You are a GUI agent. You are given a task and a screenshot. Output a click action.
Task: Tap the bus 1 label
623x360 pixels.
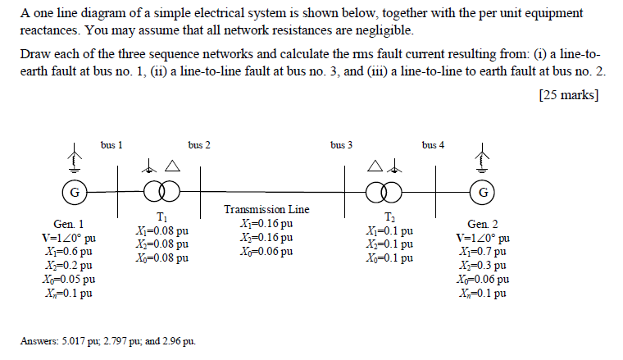(x=112, y=145)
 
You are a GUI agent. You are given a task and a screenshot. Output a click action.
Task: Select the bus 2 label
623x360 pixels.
(x=198, y=145)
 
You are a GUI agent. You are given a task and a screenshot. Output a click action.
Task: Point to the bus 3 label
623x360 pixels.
(x=342, y=145)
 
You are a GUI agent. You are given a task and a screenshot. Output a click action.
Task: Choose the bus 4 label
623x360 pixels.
(x=434, y=145)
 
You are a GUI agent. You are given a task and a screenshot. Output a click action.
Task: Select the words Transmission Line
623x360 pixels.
(x=267, y=210)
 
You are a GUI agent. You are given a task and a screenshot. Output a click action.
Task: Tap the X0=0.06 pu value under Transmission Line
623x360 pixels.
(x=267, y=251)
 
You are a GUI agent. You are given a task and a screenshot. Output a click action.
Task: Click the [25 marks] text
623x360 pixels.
(x=569, y=95)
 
